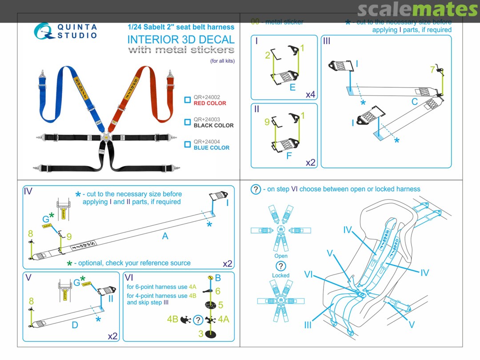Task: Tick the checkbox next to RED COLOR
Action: click(x=188, y=100)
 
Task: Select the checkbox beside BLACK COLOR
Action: click(x=188, y=122)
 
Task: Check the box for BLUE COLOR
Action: click(x=188, y=144)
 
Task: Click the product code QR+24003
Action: click(x=207, y=120)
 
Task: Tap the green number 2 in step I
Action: click(x=268, y=56)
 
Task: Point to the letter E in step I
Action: click(x=292, y=87)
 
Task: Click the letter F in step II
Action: click(x=289, y=156)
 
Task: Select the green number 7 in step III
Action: click(x=432, y=69)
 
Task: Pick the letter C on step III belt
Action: click(x=414, y=102)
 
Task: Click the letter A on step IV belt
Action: click(x=165, y=236)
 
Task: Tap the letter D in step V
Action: click(x=75, y=325)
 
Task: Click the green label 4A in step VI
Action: click(x=223, y=319)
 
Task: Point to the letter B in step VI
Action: click(x=218, y=278)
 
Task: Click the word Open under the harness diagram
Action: click(x=281, y=256)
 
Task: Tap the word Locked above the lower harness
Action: click(x=281, y=276)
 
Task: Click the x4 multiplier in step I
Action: click(x=310, y=95)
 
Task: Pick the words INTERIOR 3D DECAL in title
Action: click(x=181, y=39)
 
